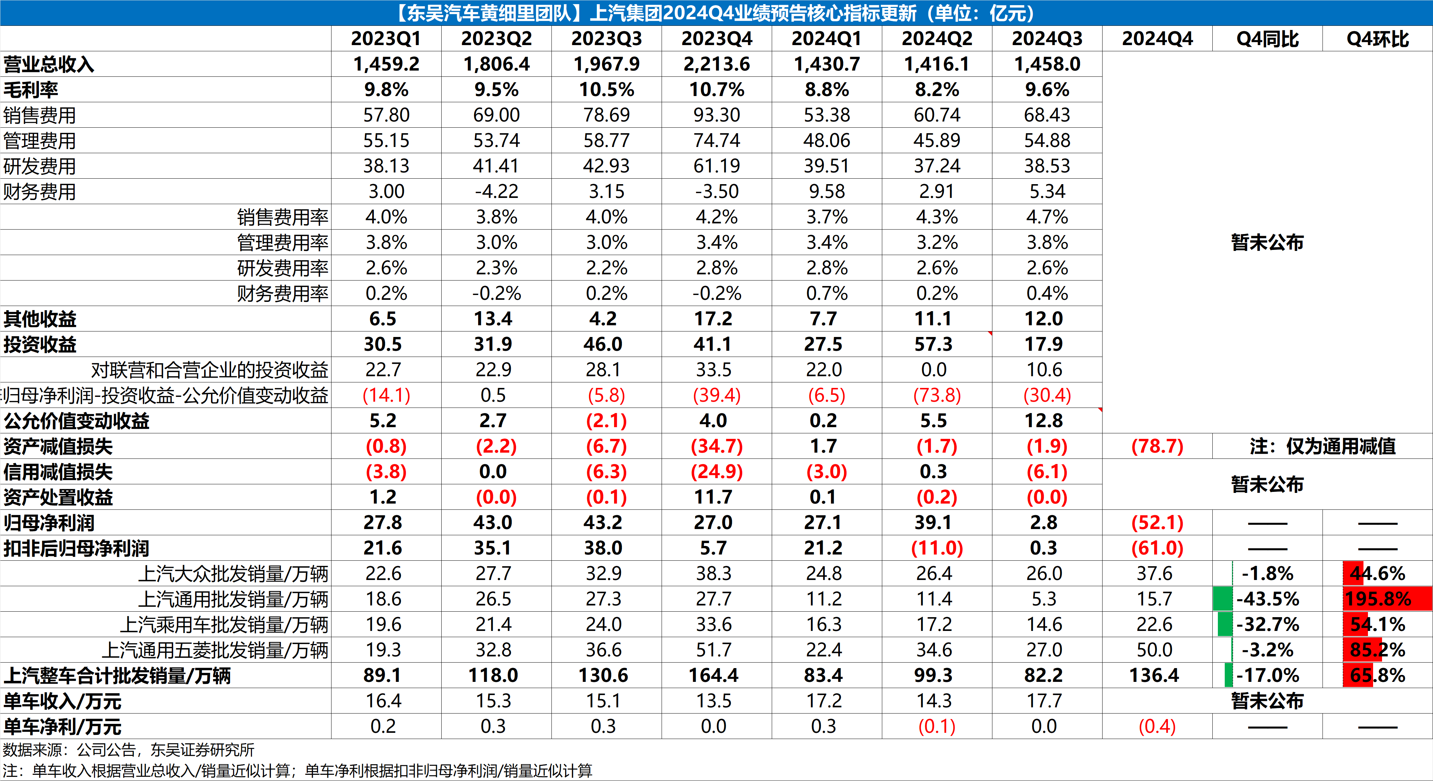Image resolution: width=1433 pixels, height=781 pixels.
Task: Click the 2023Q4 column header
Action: point(717,39)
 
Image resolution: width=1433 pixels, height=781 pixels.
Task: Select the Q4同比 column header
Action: point(1267,39)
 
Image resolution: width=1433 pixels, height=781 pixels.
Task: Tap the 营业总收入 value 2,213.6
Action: point(717,64)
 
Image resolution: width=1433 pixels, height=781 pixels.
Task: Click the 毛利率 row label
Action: point(31,89)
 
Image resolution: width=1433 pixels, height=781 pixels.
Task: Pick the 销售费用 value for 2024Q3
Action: point(1047,115)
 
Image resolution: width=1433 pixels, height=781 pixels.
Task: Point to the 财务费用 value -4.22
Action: point(496,191)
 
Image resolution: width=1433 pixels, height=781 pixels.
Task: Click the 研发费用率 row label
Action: point(283,268)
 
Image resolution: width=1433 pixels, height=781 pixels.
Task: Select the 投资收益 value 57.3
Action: point(934,344)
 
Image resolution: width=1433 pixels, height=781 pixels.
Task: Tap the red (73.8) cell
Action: point(937,395)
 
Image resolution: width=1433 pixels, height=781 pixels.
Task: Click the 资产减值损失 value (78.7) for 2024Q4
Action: point(1157,446)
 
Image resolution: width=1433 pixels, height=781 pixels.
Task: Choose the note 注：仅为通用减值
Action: point(1322,446)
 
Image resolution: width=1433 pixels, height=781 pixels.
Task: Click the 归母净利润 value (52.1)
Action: point(1157,523)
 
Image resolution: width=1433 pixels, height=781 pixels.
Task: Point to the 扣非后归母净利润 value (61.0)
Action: point(1157,548)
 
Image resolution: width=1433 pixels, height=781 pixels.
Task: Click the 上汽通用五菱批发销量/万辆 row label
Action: point(215,650)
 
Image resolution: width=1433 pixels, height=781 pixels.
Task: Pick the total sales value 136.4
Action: point(1154,675)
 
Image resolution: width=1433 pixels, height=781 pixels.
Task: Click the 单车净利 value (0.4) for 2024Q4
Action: point(1157,727)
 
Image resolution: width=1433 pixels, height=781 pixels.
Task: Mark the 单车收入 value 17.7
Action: point(1044,701)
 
